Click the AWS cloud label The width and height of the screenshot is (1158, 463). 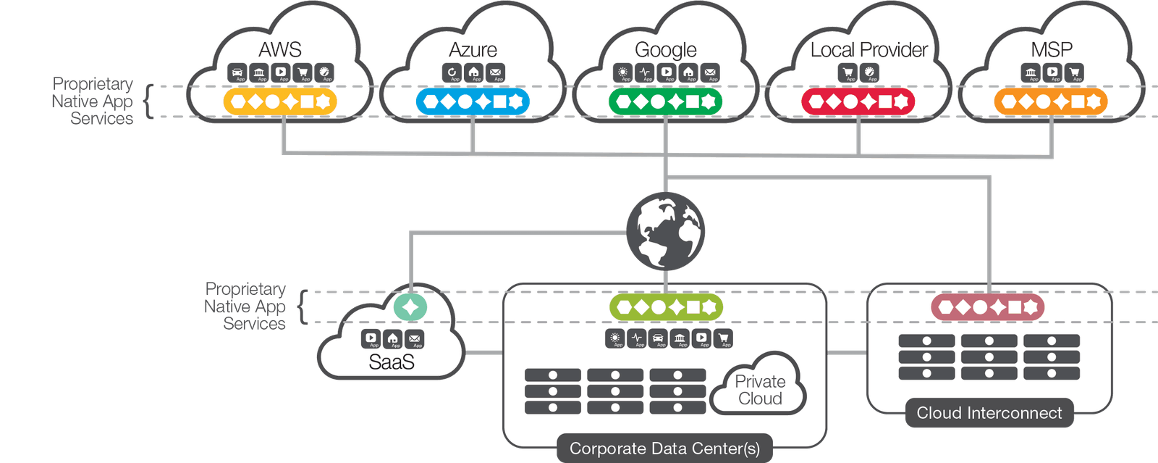coord(280,49)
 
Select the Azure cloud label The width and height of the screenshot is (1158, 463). coord(473,49)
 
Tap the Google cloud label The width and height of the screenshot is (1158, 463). coord(666,49)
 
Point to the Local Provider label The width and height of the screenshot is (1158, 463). coord(868,49)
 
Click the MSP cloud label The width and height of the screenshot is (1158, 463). coord(1052,49)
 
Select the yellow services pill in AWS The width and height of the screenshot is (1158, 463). coord(280,101)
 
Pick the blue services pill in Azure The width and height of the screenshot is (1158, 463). coord(473,101)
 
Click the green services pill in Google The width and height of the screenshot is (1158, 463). coord(666,101)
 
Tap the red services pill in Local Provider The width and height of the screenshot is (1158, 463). coord(858,101)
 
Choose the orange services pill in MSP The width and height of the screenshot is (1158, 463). coord(1051,101)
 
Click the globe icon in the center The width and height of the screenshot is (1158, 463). coord(666,231)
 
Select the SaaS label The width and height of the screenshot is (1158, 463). coord(392,362)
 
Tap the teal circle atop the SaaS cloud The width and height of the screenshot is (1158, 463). coord(410,307)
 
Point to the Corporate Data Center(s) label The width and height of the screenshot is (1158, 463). coord(664,449)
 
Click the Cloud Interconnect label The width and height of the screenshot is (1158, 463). coord(989,413)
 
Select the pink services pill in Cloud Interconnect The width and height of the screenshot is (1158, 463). coord(988,308)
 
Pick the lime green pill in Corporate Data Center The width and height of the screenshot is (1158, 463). coord(666,308)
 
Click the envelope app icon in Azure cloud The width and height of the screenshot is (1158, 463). coord(495,72)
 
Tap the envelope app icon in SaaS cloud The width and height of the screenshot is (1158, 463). coord(414,338)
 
